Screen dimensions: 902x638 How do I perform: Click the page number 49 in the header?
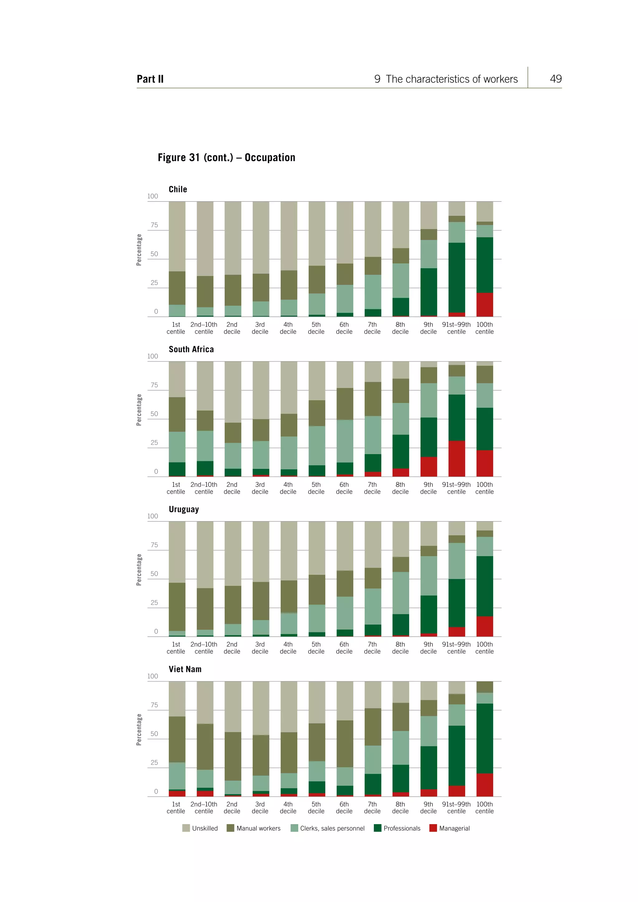(x=555, y=79)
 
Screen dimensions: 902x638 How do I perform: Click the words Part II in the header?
(x=150, y=79)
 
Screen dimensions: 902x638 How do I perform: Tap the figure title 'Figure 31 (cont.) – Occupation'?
(x=226, y=158)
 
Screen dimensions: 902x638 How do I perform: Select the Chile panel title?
(x=178, y=189)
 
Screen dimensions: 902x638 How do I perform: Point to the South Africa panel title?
(x=191, y=349)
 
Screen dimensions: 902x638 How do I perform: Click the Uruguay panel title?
(x=183, y=509)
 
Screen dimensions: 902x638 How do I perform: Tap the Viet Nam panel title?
(x=185, y=669)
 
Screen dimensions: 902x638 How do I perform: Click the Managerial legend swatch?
(x=433, y=828)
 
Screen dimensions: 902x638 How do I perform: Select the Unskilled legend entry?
(x=200, y=828)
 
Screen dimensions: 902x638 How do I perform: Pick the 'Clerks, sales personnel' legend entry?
(x=328, y=828)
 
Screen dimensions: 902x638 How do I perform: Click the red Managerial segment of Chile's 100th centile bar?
(x=484, y=305)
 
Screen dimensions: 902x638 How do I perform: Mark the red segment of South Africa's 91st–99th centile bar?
(x=456, y=458)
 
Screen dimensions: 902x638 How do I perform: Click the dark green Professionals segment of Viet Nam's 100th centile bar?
(x=484, y=738)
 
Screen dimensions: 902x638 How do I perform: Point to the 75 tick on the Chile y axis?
(x=154, y=225)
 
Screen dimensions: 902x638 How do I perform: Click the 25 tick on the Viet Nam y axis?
(x=154, y=762)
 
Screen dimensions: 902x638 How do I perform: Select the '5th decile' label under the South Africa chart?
(x=316, y=488)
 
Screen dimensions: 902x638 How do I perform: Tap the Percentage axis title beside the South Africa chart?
(x=139, y=410)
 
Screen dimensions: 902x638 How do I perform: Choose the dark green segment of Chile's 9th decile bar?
(x=429, y=292)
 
